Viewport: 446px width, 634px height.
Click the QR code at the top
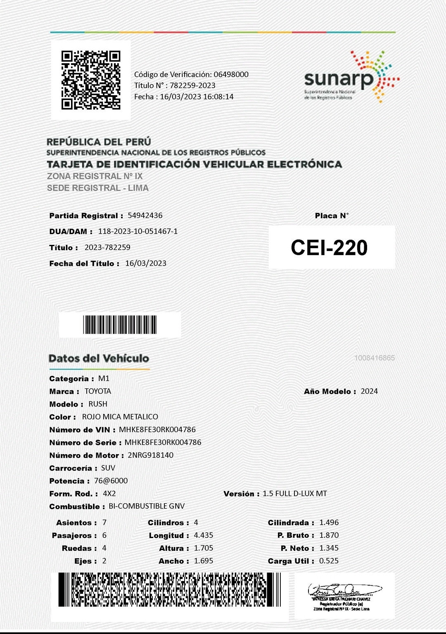[x=91, y=80]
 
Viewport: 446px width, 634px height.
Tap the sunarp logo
[x=351, y=78]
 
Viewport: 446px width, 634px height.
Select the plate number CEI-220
[x=329, y=247]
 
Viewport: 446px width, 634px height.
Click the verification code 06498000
[x=231, y=74]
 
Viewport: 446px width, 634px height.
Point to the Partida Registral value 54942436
[x=145, y=215]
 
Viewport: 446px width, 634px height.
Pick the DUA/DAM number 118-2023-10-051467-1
[x=138, y=231]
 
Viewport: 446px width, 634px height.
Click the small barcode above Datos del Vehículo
[x=120, y=325]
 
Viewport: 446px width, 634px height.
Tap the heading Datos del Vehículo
[x=99, y=358]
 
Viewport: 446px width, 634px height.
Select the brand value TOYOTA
[x=98, y=391]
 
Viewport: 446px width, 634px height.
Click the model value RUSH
[x=98, y=404]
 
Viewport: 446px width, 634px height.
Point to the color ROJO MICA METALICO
[x=120, y=417]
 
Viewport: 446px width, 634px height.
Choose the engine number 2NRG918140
[x=150, y=455]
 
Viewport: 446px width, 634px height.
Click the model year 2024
[x=369, y=391]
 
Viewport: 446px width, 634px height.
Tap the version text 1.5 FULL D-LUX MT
[x=295, y=494]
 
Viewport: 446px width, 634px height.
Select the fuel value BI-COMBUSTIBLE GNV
[x=147, y=506]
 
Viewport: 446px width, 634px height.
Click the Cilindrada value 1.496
[x=329, y=523]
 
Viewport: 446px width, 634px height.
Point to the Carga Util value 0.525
[x=329, y=561]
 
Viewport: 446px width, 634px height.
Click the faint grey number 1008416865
[x=375, y=358]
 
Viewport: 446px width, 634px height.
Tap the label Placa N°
[x=332, y=215]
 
